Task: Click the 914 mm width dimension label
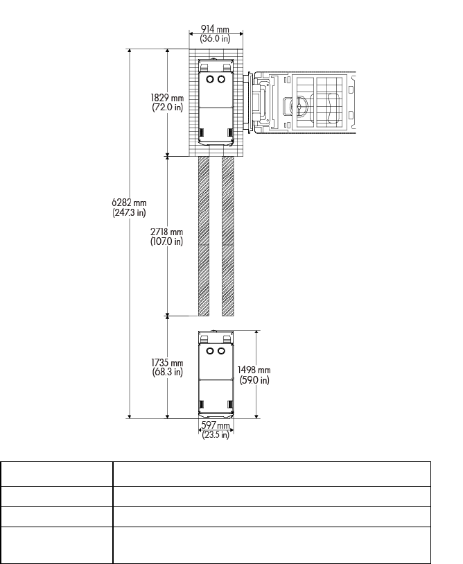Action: click(215, 28)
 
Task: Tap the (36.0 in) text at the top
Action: click(215, 38)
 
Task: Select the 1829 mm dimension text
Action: click(167, 98)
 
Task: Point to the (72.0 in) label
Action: click(168, 108)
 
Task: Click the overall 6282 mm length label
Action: click(129, 203)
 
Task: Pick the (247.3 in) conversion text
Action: click(129, 212)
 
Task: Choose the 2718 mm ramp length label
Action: click(166, 232)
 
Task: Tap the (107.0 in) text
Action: click(166, 241)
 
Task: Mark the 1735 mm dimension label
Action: click(167, 363)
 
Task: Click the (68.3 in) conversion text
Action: click(168, 372)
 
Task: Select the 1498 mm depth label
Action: click(254, 370)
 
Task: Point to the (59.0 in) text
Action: click(254, 380)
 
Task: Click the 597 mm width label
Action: click(216, 425)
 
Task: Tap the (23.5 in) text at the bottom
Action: click(216, 435)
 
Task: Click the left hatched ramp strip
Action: click(204, 236)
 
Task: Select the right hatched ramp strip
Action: click(228, 236)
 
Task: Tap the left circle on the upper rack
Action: click(210, 79)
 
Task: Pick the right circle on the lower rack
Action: click(221, 351)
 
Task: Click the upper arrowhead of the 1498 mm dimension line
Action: click(256, 333)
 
